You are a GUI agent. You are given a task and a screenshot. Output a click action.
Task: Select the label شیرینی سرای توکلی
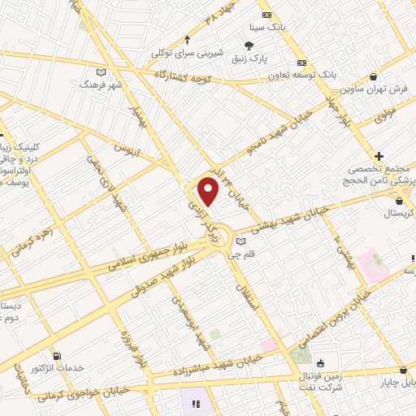(x=186, y=54)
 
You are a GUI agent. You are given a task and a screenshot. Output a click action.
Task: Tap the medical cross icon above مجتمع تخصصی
(x=379, y=155)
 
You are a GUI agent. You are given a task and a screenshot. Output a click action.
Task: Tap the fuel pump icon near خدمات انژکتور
(x=56, y=356)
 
